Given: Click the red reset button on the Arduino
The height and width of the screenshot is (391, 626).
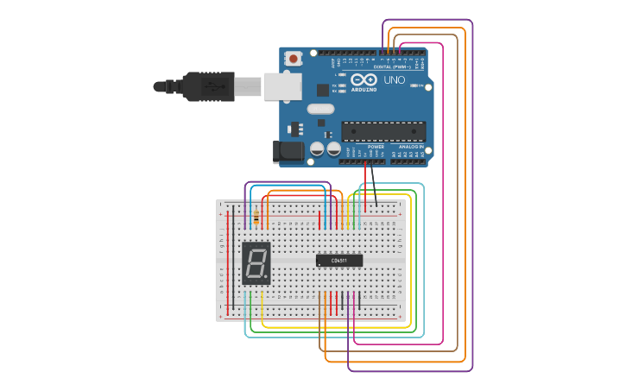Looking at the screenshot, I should [x=294, y=59].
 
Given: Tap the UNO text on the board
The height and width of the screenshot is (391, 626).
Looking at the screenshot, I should [x=394, y=80].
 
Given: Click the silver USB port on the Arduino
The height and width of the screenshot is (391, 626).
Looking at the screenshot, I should [x=282, y=85].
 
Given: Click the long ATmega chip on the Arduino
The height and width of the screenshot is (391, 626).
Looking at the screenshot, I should [x=383, y=131].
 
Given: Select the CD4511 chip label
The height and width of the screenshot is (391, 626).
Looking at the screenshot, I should [x=339, y=260].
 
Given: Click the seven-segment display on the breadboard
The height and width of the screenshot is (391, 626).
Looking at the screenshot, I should [x=256, y=263].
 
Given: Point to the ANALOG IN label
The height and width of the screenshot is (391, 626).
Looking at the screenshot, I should [x=411, y=147].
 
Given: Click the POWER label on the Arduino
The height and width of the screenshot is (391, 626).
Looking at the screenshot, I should [x=376, y=147].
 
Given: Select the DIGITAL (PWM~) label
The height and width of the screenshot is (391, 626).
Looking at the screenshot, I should [x=392, y=66].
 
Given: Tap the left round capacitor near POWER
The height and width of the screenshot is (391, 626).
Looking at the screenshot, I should [x=317, y=149].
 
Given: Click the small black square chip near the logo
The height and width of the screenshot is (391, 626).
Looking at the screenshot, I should [x=323, y=89].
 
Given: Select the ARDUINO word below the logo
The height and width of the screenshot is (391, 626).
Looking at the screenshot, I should [x=364, y=89].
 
